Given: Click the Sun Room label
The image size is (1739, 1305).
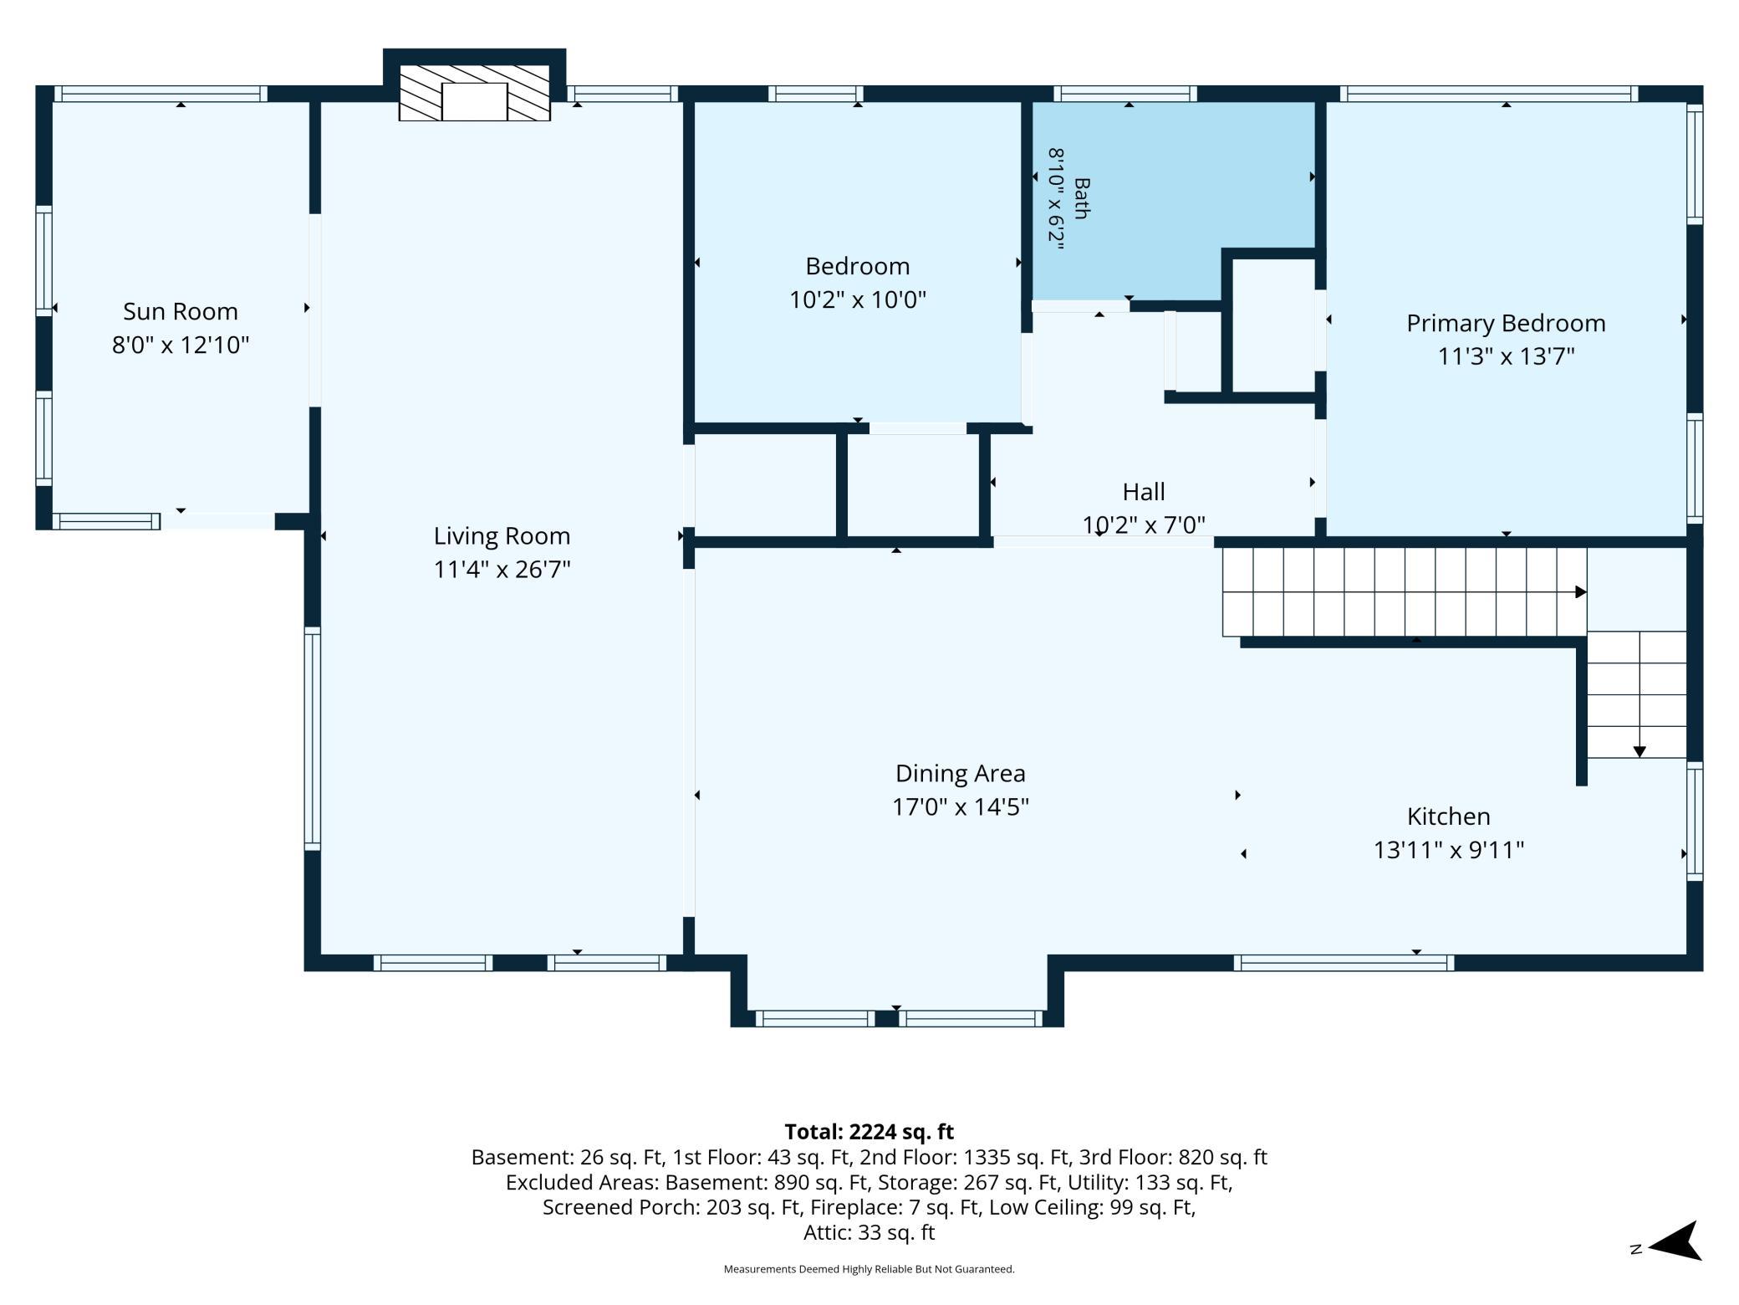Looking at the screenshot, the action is (x=181, y=311).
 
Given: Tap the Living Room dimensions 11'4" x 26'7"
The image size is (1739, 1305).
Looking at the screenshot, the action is (x=502, y=570).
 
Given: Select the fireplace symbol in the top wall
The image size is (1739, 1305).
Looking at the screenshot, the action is (x=474, y=93).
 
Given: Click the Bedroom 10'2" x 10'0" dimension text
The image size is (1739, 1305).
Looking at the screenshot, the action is (x=858, y=299).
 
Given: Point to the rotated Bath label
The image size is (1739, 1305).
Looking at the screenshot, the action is (x=1082, y=198).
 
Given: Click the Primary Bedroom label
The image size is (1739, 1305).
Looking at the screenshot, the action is (x=1506, y=323).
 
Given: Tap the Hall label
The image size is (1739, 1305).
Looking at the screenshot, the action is (x=1144, y=491).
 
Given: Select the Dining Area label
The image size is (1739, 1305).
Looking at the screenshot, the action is (x=961, y=773).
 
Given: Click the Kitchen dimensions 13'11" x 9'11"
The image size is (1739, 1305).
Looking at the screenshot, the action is (x=1449, y=850).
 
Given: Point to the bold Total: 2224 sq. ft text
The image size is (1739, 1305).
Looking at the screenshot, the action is (x=869, y=1132).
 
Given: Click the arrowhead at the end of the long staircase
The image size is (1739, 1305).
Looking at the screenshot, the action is (x=1581, y=592).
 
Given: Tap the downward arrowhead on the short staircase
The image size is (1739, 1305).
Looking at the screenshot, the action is (x=1640, y=752).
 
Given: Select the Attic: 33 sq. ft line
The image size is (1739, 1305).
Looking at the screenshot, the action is (x=869, y=1232).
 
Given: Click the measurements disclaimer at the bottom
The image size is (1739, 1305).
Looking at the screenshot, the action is (x=869, y=1269).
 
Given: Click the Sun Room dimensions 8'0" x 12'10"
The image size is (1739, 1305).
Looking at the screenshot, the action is (x=181, y=345).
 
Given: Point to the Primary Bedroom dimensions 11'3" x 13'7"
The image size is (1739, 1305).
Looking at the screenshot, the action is (x=1506, y=356).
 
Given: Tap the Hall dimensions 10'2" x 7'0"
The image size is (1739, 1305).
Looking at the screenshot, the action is (x=1144, y=525).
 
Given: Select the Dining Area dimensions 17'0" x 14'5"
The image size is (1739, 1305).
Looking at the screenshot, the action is (x=961, y=806).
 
